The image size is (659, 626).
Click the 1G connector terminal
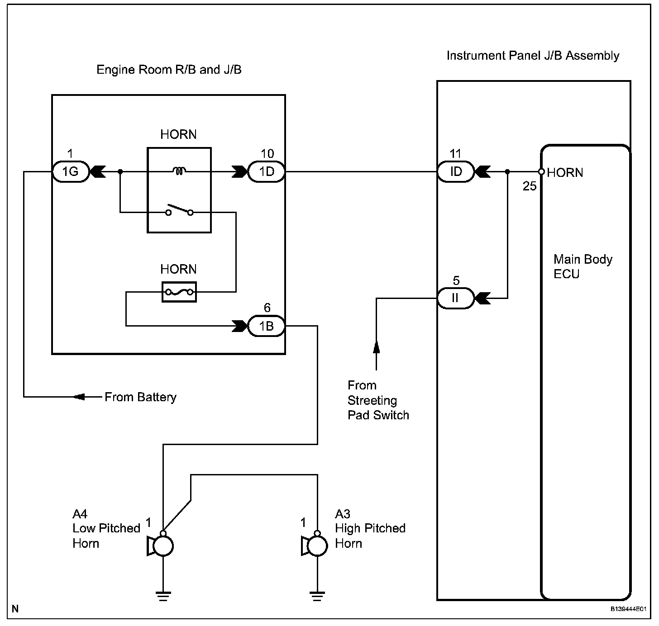(x=70, y=172)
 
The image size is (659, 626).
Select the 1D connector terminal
(x=267, y=172)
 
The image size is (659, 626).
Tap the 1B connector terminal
(x=267, y=326)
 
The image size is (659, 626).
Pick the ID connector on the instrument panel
(x=455, y=172)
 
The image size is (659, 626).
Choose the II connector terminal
(x=455, y=299)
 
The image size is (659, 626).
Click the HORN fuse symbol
(x=179, y=292)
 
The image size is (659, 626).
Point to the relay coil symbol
(x=179, y=171)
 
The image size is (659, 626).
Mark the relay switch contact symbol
(x=179, y=211)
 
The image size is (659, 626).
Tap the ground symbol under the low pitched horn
(x=163, y=596)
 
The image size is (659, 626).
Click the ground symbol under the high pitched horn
(x=317, y=596)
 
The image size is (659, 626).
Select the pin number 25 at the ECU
(x=530, y=186)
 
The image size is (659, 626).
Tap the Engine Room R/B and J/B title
(x=169, y=70)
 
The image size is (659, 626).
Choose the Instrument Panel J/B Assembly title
(x=533, y=56)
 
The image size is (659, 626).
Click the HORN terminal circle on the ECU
(x=541, y=172)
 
